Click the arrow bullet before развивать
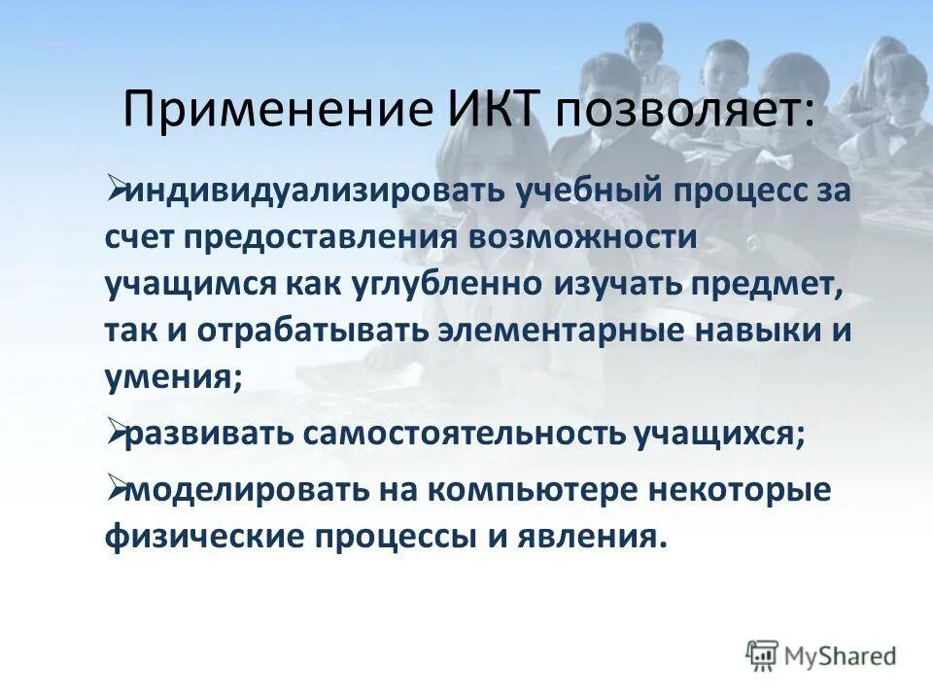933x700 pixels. [x=116, y=433]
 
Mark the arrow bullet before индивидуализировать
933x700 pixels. [x=116, y=187]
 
